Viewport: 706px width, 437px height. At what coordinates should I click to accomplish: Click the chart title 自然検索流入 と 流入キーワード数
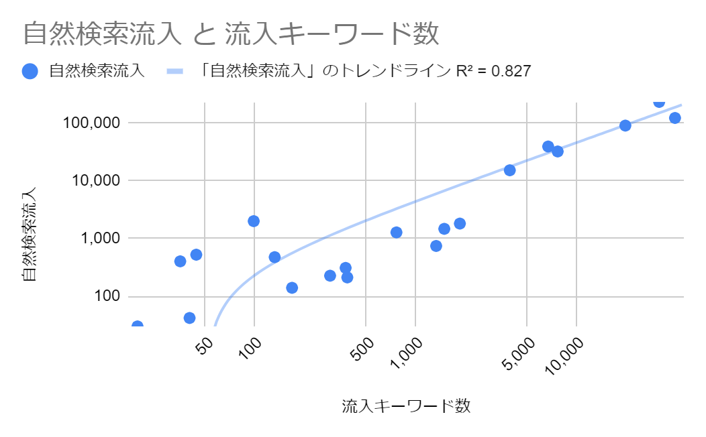231,34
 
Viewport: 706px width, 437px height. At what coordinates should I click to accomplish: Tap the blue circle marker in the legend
30,71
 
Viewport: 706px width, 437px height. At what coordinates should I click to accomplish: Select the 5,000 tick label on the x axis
520,350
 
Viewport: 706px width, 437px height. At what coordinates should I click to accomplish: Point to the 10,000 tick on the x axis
566,354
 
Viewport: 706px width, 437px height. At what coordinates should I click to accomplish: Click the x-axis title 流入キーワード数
406,405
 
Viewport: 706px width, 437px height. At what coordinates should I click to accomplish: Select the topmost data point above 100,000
659,102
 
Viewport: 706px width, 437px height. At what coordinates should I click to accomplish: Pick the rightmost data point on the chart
675,118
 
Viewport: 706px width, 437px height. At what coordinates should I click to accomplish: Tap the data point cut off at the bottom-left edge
138,326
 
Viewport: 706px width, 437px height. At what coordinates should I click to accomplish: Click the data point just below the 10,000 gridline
509,170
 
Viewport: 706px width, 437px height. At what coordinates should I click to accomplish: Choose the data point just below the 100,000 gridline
625,125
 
